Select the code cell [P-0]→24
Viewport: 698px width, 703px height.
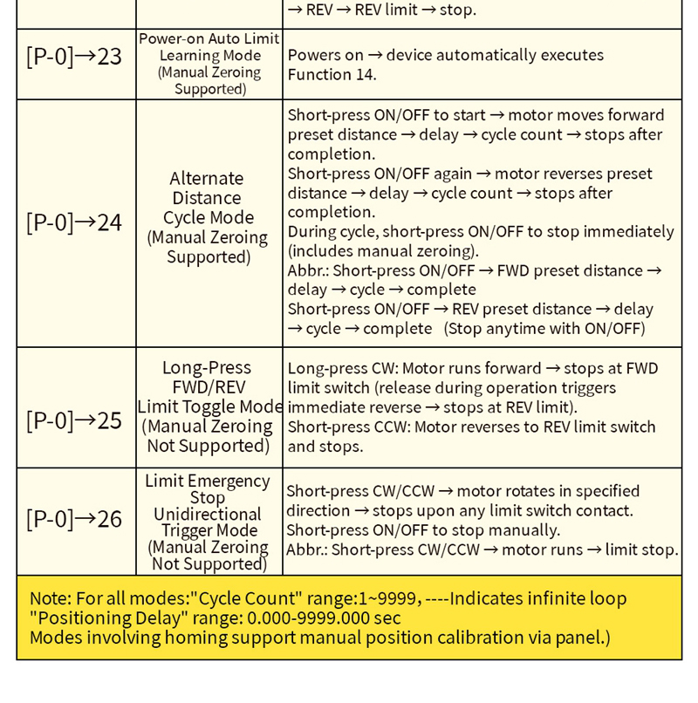[x=74, y=222]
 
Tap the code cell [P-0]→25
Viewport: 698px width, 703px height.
[x=74, y=420]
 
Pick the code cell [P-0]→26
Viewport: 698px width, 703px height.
[x=74, y=519]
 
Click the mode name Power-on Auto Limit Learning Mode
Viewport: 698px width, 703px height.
[x=209, y=64]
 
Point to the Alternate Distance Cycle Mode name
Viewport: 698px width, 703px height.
[x=209, y=217]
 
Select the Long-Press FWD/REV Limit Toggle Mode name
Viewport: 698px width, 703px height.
[x=209, y=406]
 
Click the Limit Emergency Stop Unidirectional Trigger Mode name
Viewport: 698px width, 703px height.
[x=209, y=522]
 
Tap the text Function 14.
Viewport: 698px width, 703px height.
[x=332, y=75]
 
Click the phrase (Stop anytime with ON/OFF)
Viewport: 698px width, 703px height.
[x=545, y=329]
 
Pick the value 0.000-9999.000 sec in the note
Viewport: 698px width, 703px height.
[x=324, y=618]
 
